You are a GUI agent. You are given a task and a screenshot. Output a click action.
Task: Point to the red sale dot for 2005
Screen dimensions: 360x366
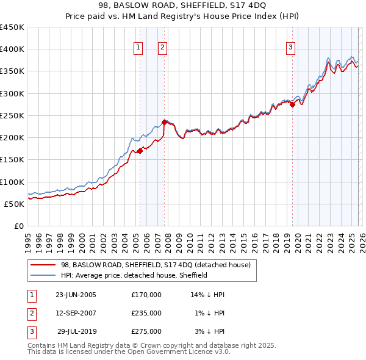point(140,151)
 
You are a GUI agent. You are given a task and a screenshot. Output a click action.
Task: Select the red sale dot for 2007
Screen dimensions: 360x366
point(164,122)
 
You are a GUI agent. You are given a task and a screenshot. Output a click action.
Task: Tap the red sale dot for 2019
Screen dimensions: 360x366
point(292,104)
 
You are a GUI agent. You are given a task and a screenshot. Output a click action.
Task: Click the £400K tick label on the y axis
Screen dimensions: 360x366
point(12,49)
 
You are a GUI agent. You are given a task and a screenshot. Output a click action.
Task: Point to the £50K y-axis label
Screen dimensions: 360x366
point(14,204)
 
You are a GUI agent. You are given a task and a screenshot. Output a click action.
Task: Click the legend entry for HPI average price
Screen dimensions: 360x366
point(134,275)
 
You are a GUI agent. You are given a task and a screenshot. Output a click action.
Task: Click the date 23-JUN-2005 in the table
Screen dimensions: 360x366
point(76,295)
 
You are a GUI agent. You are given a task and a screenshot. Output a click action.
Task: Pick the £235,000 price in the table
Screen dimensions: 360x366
point(146,313)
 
